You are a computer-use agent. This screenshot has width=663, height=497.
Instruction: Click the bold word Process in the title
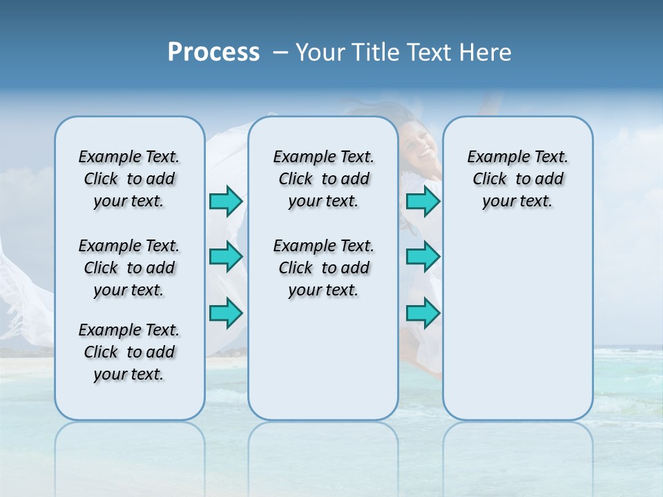pos(213,52)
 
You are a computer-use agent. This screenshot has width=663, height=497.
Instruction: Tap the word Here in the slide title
pos(486,52)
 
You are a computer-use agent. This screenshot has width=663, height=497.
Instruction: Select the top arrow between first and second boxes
pos(226,202)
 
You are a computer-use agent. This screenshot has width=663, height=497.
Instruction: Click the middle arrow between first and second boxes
pos(226,257)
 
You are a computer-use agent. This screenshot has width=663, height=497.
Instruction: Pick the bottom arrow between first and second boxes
pos(226,313)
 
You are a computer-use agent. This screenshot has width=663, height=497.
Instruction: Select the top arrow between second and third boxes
pos(423,202)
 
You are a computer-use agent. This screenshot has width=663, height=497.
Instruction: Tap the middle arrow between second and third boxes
pos(423,257)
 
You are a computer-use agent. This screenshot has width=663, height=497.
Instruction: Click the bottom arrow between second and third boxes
pos(423,313)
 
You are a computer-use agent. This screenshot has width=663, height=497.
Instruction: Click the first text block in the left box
pos(129,179)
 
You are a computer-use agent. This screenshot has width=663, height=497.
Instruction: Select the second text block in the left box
pos(129,268)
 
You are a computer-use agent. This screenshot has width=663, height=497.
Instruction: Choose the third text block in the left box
pos(129,352)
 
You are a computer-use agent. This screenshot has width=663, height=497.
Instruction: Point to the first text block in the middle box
pos(323,179)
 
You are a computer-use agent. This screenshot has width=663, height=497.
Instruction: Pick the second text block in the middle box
pos(323,268)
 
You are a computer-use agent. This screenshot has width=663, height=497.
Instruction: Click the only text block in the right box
pos(517,179)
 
